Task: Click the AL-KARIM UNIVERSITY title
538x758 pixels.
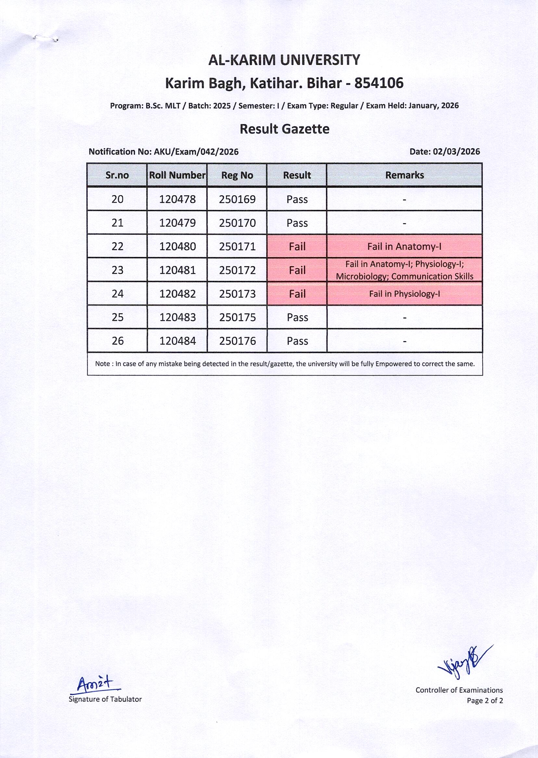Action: pos(284,60)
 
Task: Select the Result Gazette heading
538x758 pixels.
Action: pos(284,129)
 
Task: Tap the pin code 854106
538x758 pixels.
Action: pos(379,83)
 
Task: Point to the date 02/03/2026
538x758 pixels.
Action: pos(456,152)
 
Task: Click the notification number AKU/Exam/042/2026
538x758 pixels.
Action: pos(196,152)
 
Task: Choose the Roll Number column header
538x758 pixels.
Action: pos(177,175)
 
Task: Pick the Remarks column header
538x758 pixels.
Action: pos(404,175)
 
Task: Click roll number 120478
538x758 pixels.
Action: pos(177,199)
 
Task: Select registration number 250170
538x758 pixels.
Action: pos(237,223)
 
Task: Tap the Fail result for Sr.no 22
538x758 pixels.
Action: pos(297,246)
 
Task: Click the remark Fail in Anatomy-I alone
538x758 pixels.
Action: pos(404,246)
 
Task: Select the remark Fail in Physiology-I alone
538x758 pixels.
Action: pos(404,294)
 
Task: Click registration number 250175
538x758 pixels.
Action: pos(237,317)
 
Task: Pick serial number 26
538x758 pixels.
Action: pos(117,341)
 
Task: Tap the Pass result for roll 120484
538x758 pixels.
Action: pos(297,341)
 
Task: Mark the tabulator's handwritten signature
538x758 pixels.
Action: pos(95,684)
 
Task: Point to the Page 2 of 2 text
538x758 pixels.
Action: pos(485,701)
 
